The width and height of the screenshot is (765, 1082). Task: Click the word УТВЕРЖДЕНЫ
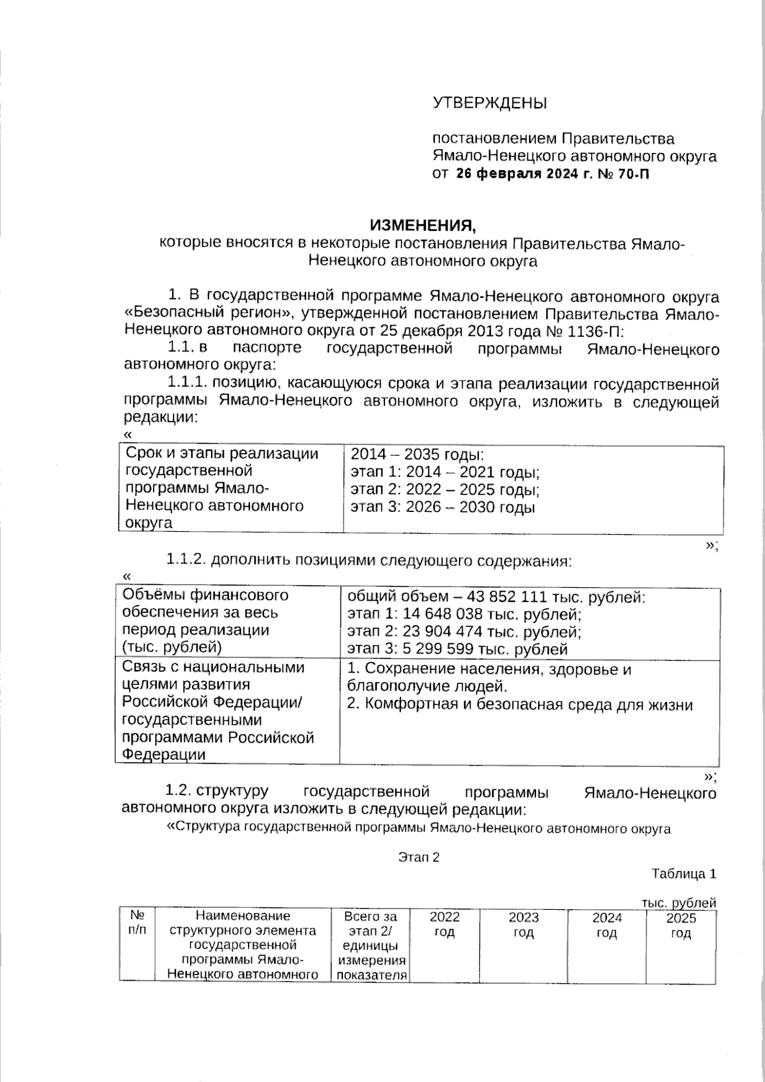click(490, 103)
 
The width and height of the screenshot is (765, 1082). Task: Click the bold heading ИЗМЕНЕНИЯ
click(423, 226)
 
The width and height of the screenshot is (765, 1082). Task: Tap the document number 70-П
click(634, 173)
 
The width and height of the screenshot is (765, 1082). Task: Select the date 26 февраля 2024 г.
click(523, 173)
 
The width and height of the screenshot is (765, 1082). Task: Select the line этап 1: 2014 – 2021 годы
click(445, 472)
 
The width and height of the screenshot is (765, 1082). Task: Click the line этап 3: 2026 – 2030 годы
click(442, 508)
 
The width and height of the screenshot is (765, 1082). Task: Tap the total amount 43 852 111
click(507, 597)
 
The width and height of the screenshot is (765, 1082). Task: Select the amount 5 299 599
click(433, 649)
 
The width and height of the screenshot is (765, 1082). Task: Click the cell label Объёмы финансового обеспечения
click(205, 603)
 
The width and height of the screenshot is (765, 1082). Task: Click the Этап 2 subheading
click(419, 857)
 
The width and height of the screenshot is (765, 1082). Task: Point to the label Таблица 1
click(683, 874)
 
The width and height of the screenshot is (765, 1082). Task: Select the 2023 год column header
click(523, 925)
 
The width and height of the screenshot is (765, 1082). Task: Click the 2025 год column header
click(680, 925)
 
